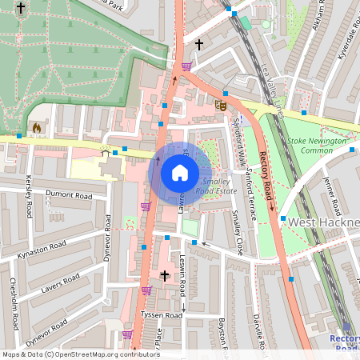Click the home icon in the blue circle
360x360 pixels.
click(x=180, y=173)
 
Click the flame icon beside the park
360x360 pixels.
click(x=35, y=127)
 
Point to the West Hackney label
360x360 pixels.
click(x=324, y=222)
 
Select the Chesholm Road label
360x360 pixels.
click(x=14, y=305)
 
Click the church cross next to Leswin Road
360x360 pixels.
click(x=165, y=276)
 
